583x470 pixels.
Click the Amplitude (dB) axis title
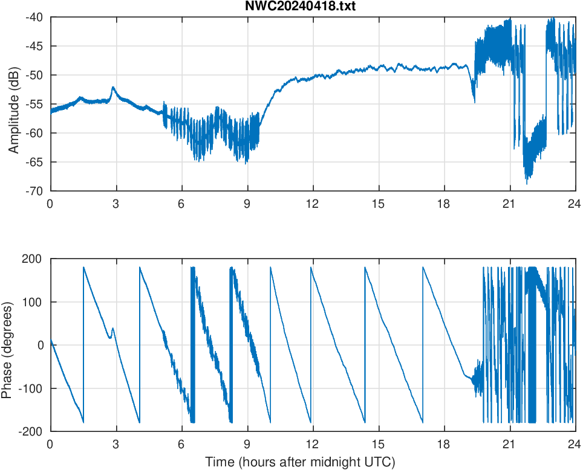click(x=14, y=105)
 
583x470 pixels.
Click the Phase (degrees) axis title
click(x=7, y=345)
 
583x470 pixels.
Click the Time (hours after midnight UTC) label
click(x=300, y=462)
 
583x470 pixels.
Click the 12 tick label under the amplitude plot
click(x=313, y=204)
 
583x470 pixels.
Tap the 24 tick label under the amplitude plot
click(x=575, y=204)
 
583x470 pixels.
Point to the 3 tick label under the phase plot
click(x=116, y=444)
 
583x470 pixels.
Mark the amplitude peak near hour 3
click(x=113, y=87)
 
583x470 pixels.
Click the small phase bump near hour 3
click(x=112, y=329)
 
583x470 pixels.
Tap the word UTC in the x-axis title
click(x=380, y=462)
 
